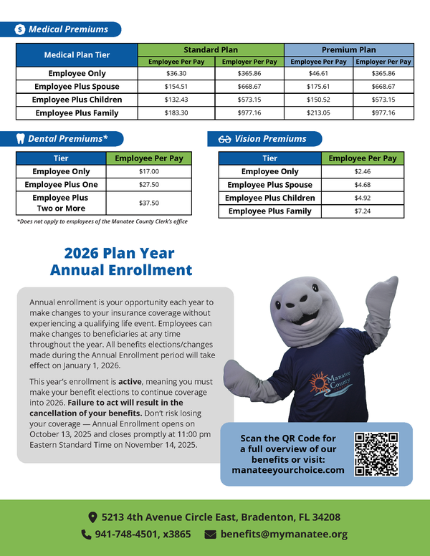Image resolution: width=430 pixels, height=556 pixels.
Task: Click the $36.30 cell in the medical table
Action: point(176,74)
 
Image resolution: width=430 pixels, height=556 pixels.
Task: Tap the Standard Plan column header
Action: point(211,50)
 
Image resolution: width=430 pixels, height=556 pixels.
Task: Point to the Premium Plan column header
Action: point(348,50)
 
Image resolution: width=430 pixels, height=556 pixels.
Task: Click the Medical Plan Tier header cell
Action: point(76,55)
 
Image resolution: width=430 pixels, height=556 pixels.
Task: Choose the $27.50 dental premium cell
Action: point(149,185)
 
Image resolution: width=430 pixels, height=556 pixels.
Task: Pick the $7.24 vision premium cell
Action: point(362,211)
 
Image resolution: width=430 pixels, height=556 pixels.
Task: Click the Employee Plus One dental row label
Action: point(61,185)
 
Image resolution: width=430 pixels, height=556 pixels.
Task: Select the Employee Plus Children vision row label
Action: point(269,198)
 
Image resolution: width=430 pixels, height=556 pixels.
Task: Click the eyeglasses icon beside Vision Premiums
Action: point(224,139)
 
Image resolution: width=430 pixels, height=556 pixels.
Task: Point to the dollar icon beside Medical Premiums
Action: point(20,29)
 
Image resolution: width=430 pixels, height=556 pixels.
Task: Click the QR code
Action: point(376,454)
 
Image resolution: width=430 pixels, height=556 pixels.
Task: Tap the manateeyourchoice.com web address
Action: point(288,470)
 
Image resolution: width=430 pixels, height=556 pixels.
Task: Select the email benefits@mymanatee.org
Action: point(284,535)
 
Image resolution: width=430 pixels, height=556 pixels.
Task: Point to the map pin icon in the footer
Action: point(92,517)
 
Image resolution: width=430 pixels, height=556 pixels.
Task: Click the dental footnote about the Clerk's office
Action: point(102,221)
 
